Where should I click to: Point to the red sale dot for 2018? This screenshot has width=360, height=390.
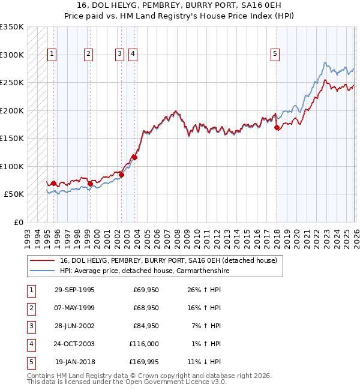click(x=277, y=128)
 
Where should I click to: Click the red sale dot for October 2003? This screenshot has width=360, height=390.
click(x=135, y=157)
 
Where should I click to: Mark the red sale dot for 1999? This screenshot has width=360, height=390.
click(x=90, y=184)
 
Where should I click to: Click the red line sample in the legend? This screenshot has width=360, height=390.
click(x=43, y=260)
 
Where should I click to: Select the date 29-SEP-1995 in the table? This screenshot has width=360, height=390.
click(x=74, y=290)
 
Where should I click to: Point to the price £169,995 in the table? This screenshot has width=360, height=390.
click(x=143, y=362)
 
